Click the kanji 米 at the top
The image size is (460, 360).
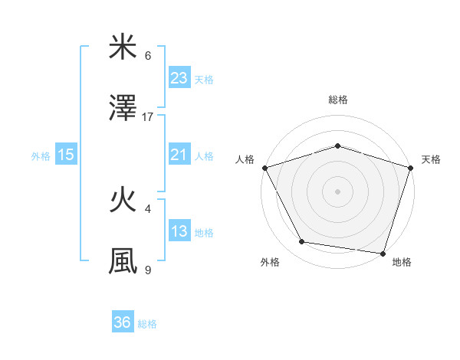(x=123, y=47)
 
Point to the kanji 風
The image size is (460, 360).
(x=123, y=261)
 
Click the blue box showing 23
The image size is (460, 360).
(x=179, y=78)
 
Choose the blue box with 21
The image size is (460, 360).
(x=179, y=155)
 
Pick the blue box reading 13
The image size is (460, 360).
(x=179, y=231)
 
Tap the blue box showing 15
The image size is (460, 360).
(x=66, y=155)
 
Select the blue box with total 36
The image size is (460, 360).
(x=123, y=322)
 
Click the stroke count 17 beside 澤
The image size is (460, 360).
(x=148, y=116)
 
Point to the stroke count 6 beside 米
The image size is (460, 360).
(x=148, y=56)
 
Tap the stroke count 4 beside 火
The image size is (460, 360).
(x=148, y=208)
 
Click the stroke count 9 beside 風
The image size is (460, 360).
(x=148, y=270)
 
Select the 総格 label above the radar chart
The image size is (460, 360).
(x=337, y=100)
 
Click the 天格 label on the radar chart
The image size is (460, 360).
(x=431, y=159)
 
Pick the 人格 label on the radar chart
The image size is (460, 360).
(x=245, y=159)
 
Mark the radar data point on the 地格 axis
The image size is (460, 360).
(x=383, y=253)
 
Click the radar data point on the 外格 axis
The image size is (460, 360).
(x=303, y=242)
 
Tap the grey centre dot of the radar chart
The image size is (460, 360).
(x=337, y=191)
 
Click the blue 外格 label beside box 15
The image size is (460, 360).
(x=41, y=155)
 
